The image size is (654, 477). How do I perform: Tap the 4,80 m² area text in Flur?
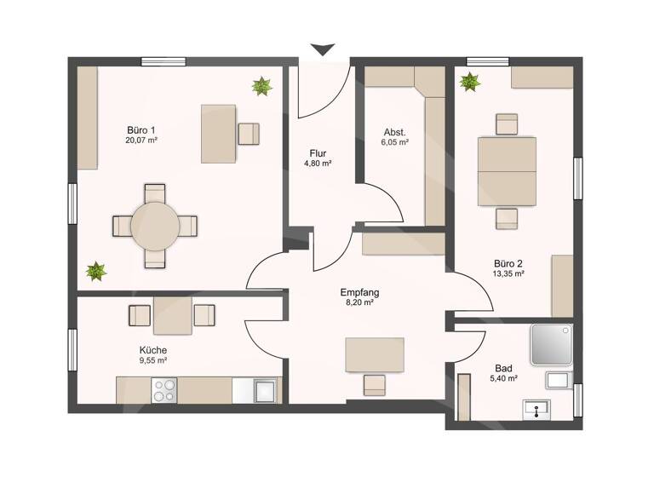click(317, 164)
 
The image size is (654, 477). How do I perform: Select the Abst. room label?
click(394, 132)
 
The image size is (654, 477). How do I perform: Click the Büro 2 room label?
click(507, 263)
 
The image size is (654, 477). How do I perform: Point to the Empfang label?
click(359, 292)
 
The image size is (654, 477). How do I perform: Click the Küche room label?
click(153, 350)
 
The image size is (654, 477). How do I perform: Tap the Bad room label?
click(503, 369)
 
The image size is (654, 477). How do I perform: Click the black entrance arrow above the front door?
click(321, 50)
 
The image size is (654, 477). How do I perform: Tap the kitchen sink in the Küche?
click(265, 391)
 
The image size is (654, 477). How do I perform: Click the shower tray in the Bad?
click(552, 344)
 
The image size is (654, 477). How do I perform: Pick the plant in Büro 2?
click(468, 82)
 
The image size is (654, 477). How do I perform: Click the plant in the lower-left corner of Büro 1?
click(96, 272)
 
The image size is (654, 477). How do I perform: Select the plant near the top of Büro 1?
click(261, 86)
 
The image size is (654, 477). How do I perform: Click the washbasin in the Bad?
click(537, 411)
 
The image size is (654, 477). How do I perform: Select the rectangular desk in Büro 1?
click(218, 134)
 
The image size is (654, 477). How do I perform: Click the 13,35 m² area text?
click(507, 274)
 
